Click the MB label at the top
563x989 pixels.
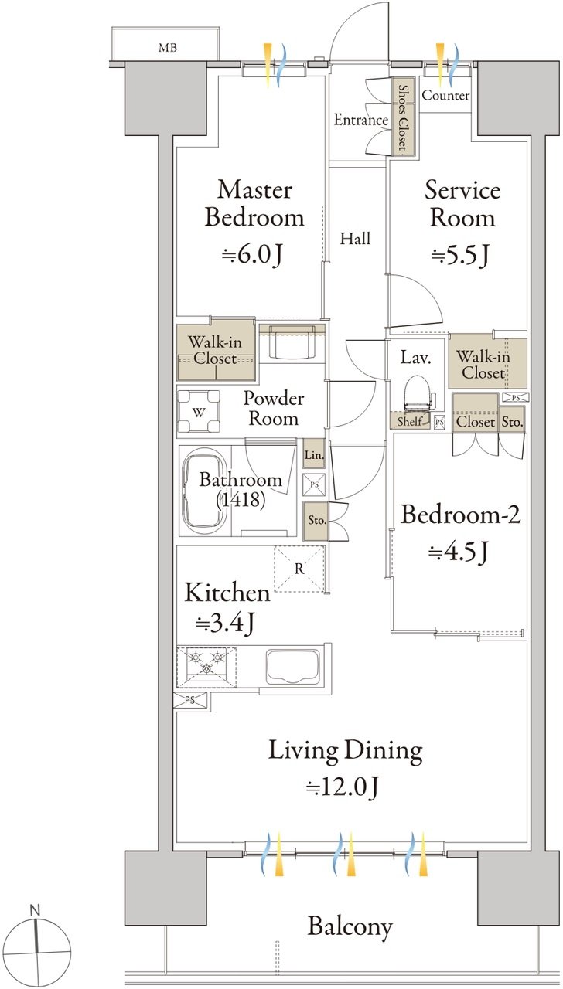click(x=168, y=47)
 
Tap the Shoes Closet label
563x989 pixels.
click(x=404, y=117)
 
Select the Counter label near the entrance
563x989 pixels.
click(x=445, y=95)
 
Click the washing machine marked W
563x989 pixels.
click(x=199, y=412)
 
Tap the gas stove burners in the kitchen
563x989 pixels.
click(x=206, y=667)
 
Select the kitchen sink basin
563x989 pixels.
click(x=292, y=666)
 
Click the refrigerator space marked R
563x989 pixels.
click(x=299, y=569)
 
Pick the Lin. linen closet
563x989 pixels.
click(x=314, y=454)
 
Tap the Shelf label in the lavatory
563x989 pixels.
click(x=409, y=421)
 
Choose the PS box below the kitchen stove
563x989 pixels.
click(x=190, y=700)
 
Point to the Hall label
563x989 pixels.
click(x=355, y=239)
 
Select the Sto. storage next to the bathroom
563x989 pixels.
click(x=316, y=521)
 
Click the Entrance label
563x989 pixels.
click(x=361, y=120)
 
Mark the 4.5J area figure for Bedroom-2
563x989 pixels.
click(x=459, y=551)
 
